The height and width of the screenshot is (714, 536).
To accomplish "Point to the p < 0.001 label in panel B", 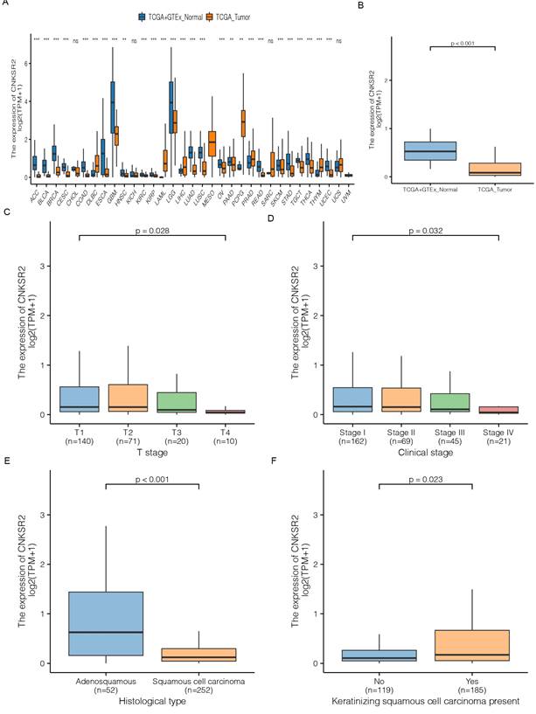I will [x=461, y=41].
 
